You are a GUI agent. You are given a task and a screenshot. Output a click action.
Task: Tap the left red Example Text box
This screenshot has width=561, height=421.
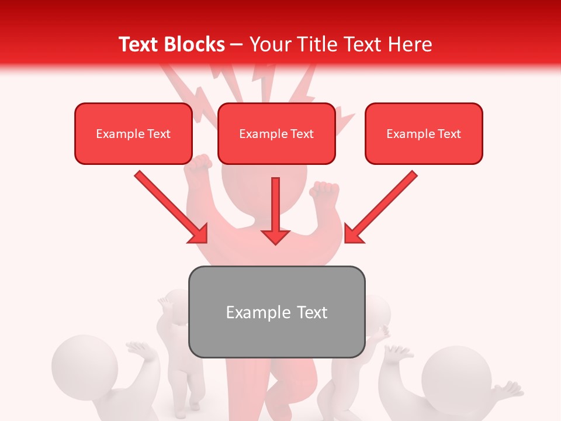133,134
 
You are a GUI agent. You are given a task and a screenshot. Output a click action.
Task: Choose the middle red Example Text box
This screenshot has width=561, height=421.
276,134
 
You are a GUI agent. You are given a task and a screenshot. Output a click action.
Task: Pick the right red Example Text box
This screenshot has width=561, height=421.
424,134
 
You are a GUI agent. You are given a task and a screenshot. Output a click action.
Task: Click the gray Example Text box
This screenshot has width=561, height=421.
276,312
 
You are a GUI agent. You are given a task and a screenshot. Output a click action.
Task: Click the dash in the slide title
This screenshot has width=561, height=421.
237,45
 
